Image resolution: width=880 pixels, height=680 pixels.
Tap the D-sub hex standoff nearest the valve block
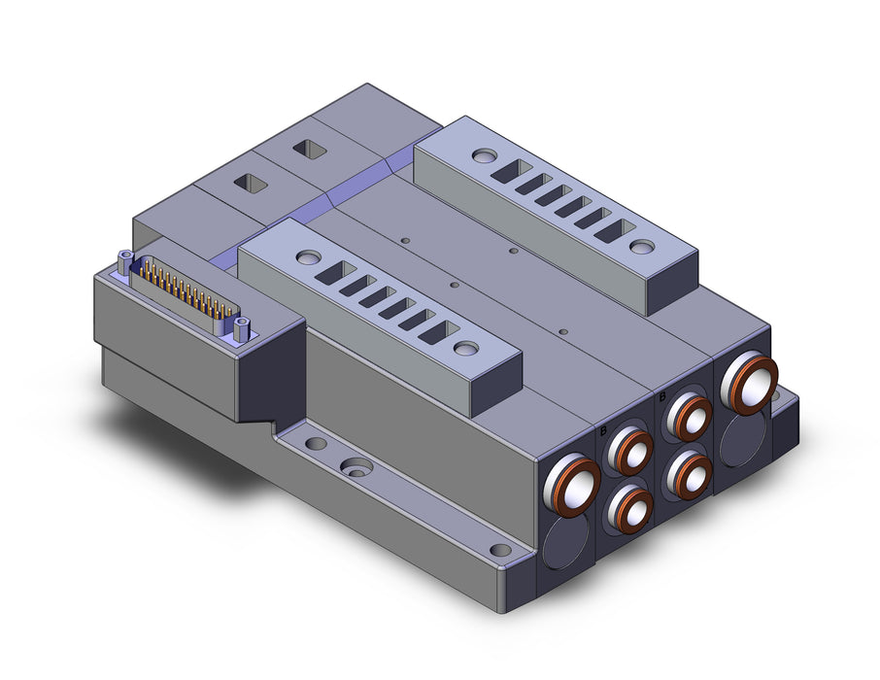241,329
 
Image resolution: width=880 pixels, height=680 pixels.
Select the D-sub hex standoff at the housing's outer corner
124,262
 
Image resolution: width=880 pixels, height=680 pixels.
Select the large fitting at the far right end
749,383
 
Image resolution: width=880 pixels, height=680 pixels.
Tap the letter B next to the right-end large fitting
662,397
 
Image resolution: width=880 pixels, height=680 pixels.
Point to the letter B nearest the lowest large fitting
604,431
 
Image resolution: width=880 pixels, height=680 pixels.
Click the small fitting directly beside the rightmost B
688,417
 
